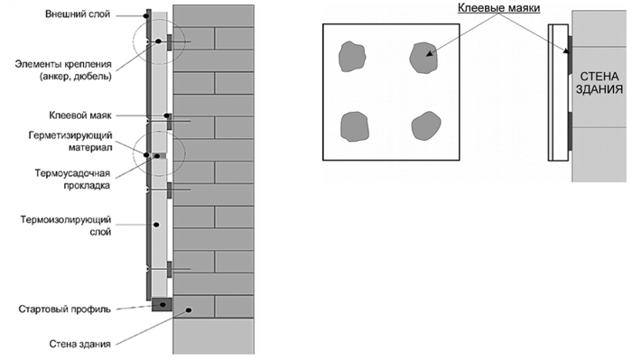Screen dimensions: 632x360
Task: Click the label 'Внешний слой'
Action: point(78,14)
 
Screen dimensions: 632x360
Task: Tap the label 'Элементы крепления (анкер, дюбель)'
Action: point(63,70)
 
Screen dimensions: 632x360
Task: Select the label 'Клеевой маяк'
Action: point(80,115)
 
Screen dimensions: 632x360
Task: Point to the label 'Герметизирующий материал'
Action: point(70,142)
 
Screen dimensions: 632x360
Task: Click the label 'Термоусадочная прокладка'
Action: point(72,180)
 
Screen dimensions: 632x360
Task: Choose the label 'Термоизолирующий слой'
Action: point(66,226)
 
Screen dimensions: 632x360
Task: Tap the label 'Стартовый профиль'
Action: point(64,309)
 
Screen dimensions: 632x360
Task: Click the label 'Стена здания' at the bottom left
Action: point(79,344)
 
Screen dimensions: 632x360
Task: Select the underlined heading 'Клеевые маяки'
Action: point(498,7)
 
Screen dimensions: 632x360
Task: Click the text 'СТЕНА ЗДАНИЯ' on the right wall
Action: point(599,82)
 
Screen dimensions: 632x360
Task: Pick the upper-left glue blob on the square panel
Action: point(352,56)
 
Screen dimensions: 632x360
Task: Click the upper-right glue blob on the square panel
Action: point(423,58)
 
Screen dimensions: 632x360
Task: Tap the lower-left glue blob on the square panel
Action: point(355,126)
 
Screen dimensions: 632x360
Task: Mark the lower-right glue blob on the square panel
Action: point(425,126)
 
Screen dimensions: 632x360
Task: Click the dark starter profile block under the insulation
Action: point(162,304)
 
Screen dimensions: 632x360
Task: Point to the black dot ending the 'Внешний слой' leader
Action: point(146,16)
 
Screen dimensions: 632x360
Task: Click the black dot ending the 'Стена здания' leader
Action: point(188,310)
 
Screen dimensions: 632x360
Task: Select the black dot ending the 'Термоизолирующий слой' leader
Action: point(156,225)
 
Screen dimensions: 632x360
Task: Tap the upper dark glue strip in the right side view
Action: point(570,55)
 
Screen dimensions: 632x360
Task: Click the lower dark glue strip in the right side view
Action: point(570,131)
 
